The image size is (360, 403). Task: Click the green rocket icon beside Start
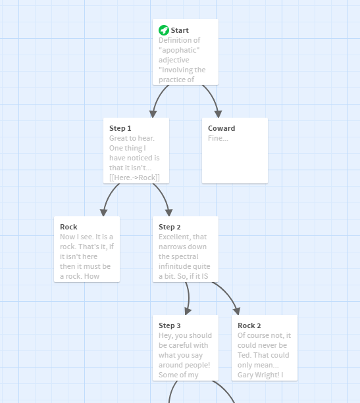(164, 30)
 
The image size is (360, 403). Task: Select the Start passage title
(180, 30)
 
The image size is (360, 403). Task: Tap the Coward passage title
(221, 128)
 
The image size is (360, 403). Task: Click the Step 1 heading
(120, 128)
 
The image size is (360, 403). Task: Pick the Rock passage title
(68, 227)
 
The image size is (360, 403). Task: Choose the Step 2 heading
(170, 227)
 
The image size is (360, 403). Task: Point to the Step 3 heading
(170, 325)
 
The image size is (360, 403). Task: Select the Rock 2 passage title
(249, 325)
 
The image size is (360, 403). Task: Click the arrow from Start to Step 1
(158, 99)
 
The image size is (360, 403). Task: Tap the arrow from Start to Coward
(213, 99)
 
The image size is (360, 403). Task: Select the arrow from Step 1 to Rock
(109, 198)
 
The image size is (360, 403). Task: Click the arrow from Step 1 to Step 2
(164, 198)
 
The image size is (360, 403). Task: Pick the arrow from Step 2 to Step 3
(189, 298)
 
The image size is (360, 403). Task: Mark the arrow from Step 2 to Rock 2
(228, 296)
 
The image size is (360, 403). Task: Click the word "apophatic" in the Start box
(179, 50)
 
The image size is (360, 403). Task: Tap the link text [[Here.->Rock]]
(134, 178)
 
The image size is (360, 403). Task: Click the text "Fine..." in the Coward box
(218, 138)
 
